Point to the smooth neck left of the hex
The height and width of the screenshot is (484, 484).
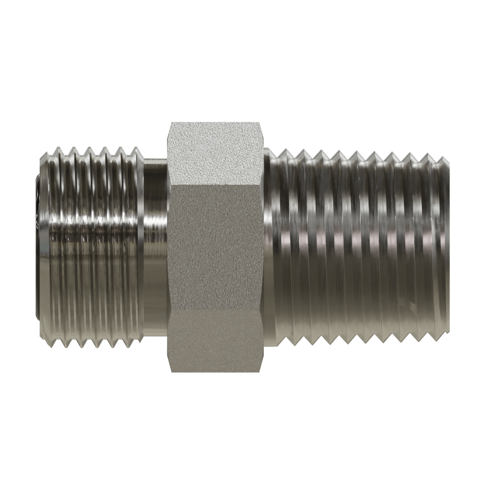click(155, 246)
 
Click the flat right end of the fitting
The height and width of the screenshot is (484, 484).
click(446, 246)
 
